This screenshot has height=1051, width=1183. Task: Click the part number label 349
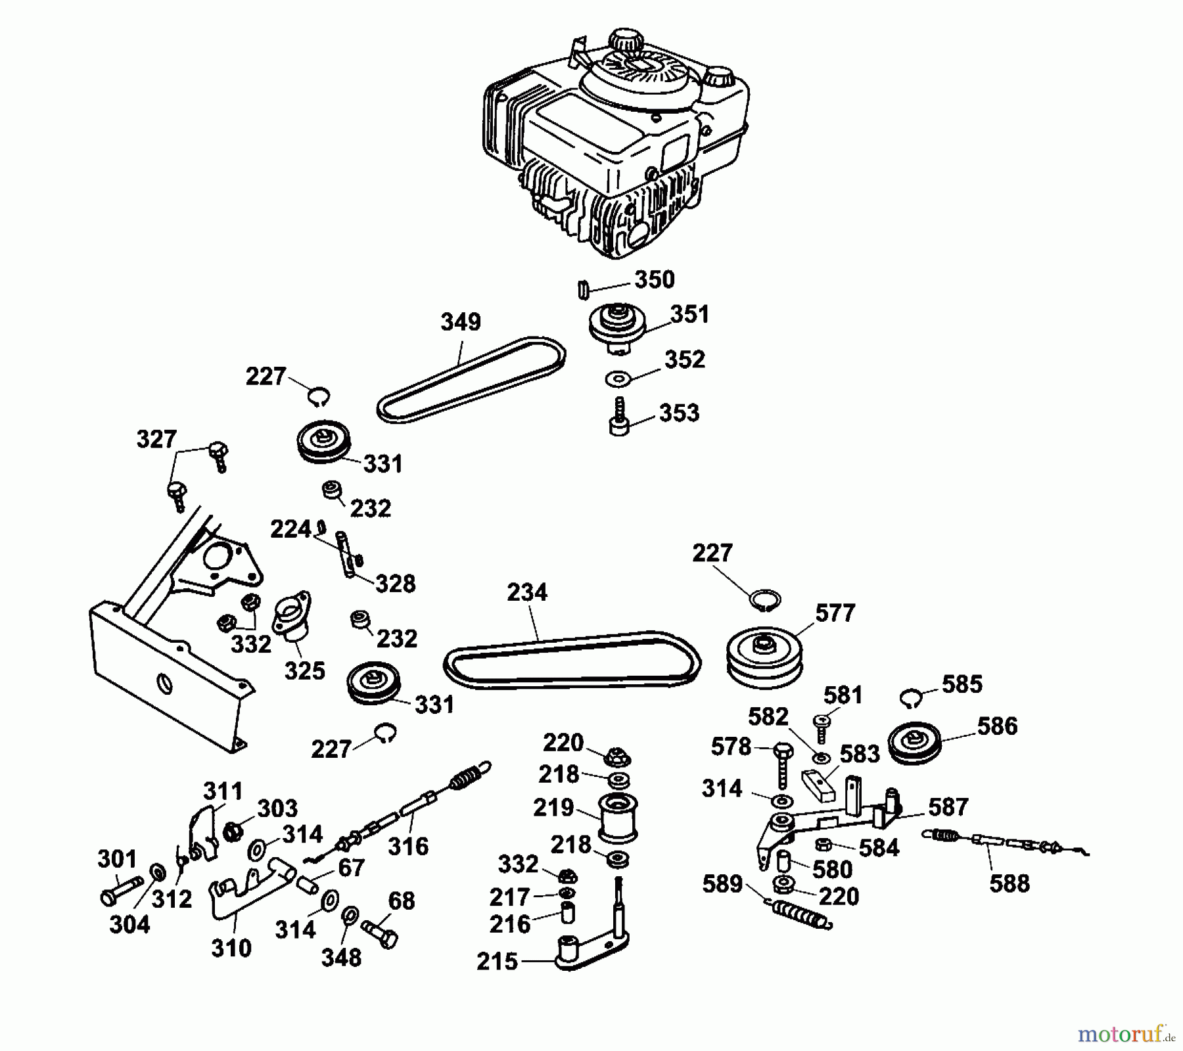coord(461,322)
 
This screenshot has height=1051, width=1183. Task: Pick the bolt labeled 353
coord(618,417)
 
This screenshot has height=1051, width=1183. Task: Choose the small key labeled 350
coord(581,289)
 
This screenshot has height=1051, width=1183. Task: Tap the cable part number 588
coord(1009,883)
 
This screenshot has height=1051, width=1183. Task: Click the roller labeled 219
coord(618,818)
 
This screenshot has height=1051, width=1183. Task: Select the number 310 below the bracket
coord(231,948)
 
